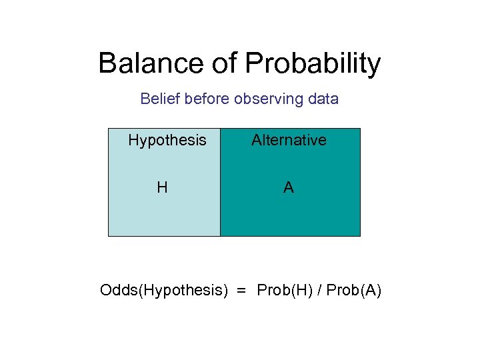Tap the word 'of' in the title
218,64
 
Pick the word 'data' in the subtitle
323,99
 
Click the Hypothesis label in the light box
167,141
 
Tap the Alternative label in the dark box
289,140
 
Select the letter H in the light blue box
162,188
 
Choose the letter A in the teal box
288,188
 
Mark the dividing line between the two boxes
220,182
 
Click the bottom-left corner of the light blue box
109,236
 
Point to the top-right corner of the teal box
360,129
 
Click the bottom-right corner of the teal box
360,236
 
